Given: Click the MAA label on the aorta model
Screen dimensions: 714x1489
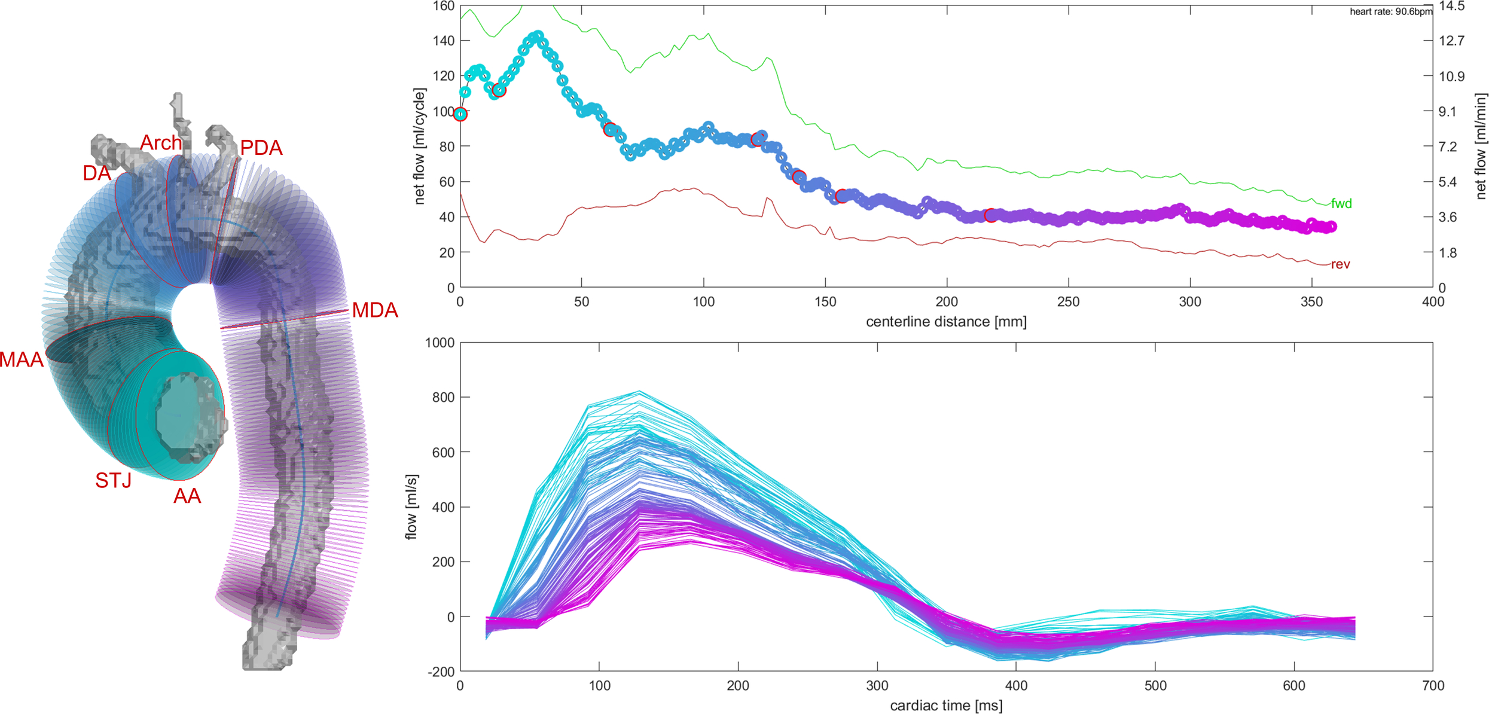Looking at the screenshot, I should point(22,359).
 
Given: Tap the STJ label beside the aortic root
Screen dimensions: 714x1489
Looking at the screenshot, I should point(113,480).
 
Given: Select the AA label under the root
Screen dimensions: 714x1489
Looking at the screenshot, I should point(187,496).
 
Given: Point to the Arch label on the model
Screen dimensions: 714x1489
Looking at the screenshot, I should point(161,142).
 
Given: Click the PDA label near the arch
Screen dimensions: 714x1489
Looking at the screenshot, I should point(261,148).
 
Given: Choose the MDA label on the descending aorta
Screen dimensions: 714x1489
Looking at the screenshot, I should point(375,310).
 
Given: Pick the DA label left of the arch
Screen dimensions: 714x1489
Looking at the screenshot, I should point(97,173).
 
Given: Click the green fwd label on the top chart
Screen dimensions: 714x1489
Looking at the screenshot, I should point(1341,203).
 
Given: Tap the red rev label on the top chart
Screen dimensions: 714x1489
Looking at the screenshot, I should point(1341,264).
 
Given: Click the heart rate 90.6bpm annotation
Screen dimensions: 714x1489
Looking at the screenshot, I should point(1391,11).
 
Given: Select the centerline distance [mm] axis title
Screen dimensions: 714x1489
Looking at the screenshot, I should point(946,322).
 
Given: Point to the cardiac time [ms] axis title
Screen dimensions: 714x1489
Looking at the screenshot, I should point(946,706).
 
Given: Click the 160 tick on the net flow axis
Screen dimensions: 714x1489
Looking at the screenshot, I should point(444,6).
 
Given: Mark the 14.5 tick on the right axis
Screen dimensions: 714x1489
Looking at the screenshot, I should point(1451,6).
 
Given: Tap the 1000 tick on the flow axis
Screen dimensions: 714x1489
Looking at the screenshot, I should point(440,343).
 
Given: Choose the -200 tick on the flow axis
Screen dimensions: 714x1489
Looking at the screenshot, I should point(441,672).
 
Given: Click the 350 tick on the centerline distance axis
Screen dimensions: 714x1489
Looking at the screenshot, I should point(1311,302).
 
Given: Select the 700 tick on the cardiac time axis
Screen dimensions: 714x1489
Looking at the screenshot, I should point(1433,686).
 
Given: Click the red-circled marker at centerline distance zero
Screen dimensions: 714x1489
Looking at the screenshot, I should point(460,114).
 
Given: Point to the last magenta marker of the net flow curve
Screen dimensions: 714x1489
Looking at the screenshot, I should point(1331,227).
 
